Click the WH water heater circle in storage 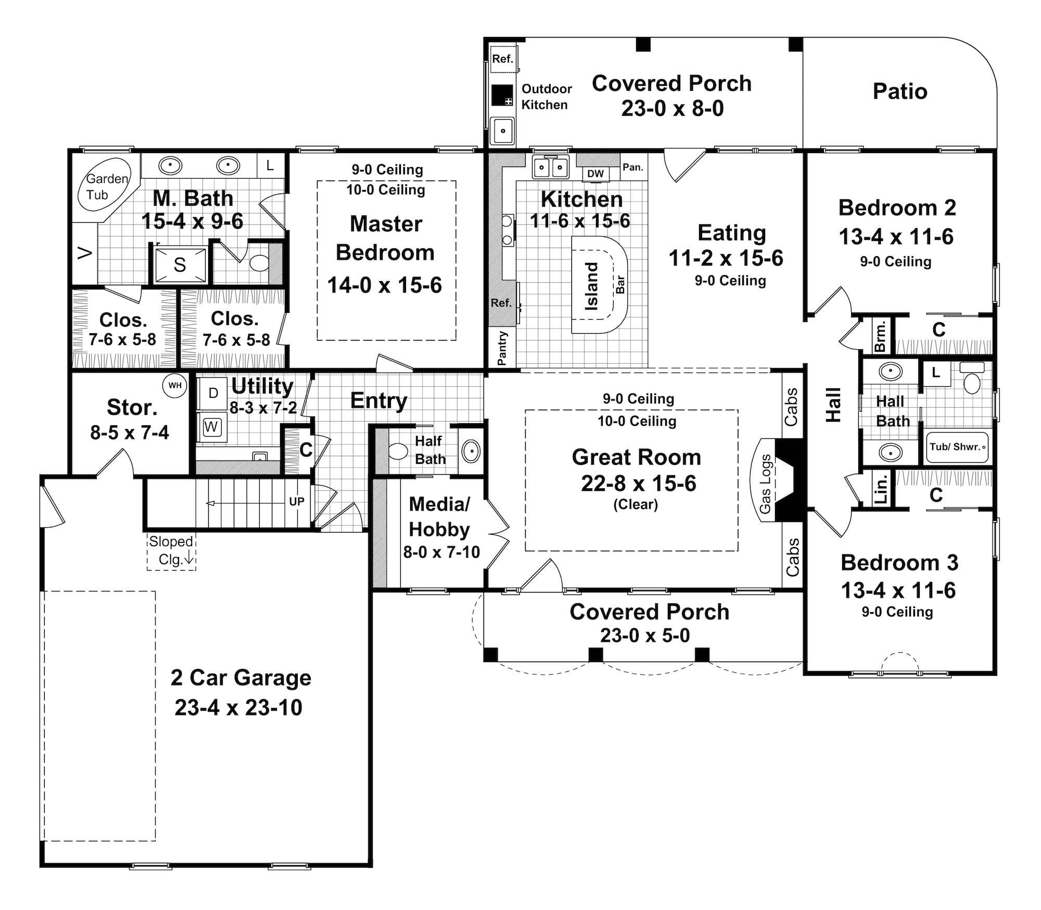pos(175,386)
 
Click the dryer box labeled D pos(213,394)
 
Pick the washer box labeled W pos(211,427)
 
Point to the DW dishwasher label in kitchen pos(595,174)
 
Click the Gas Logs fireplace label pos(765,484)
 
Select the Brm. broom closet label pos(880,337)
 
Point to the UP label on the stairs pos(297,502)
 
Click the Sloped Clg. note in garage pos(171,551)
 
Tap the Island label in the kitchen pos(592,287)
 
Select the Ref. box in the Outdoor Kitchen pos(503,59)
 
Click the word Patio pos(900,92)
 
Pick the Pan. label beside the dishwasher pos(633,168)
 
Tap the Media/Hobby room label pos(440,516)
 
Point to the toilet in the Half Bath pos(399,451)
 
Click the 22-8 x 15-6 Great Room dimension pos(639,484)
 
